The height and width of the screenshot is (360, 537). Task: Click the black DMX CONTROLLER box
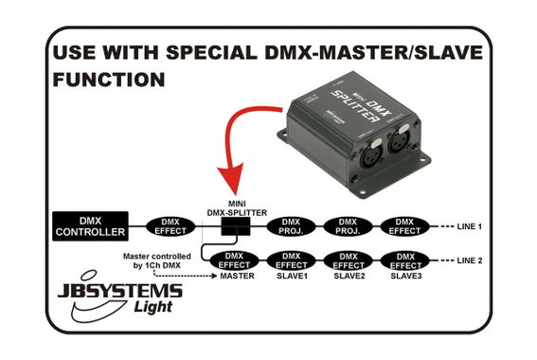click(89, 226)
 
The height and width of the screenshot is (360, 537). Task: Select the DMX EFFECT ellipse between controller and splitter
click(170, 226)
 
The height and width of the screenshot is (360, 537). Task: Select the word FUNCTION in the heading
click(111, 80)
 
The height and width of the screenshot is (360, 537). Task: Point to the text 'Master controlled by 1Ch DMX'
click(161, 261)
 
